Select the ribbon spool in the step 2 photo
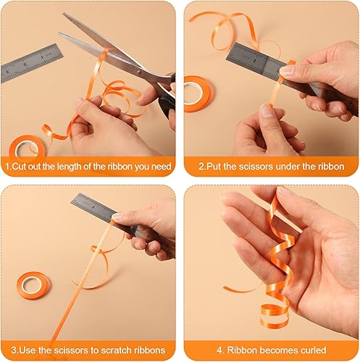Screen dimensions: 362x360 coord(196,93)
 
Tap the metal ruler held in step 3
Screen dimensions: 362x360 coord(109,214)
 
